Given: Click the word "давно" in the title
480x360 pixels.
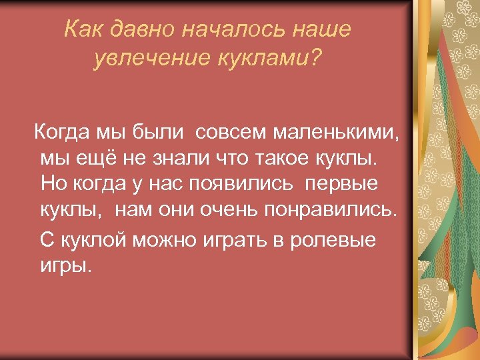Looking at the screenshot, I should tap(143, 30).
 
